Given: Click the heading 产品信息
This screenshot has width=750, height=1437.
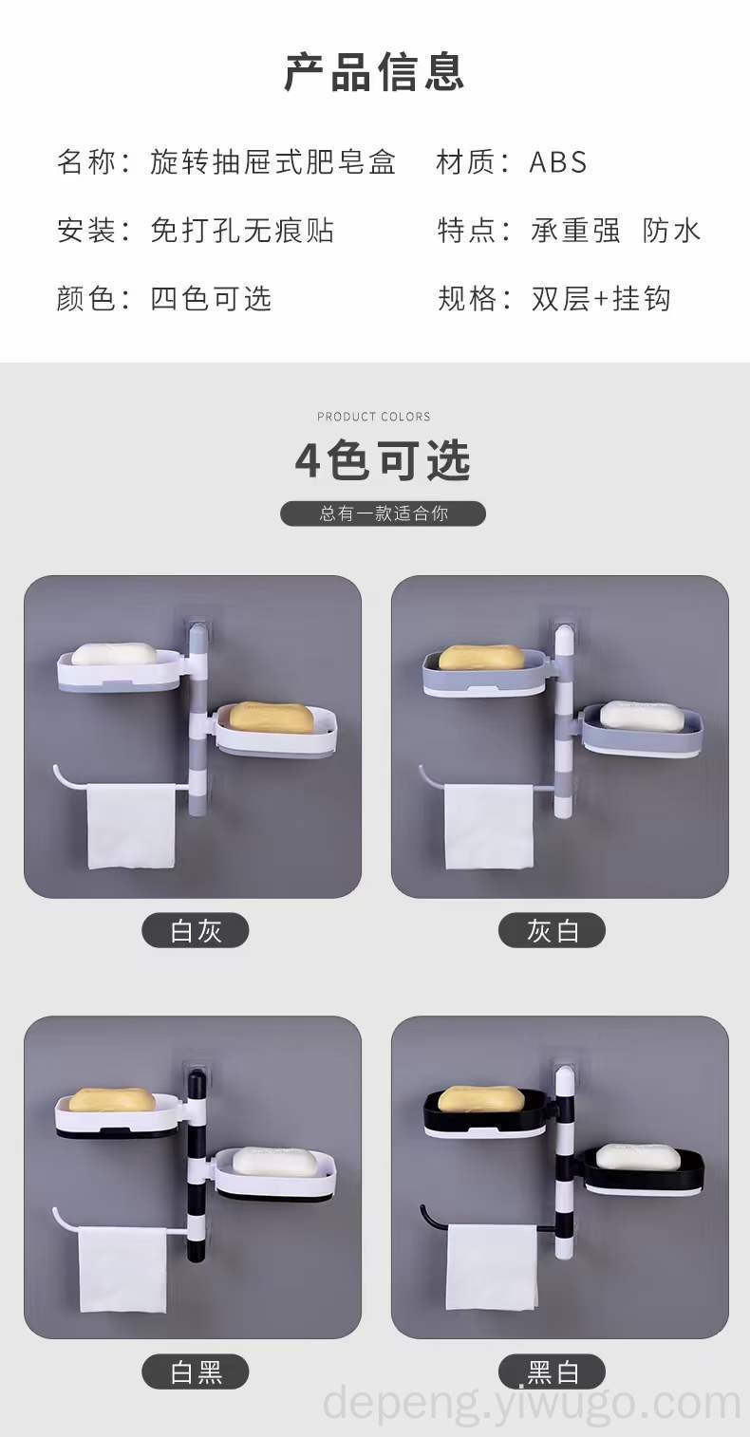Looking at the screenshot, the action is [374, 72].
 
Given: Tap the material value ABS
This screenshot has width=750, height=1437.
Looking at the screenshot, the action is [557, 161].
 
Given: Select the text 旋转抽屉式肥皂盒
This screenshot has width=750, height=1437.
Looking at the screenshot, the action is [273, 161].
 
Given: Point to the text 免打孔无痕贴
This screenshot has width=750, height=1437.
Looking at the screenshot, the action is [242, 231].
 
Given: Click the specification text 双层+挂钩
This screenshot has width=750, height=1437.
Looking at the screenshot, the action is [601, 298].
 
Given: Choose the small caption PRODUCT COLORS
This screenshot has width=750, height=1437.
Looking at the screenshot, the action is [373, 417].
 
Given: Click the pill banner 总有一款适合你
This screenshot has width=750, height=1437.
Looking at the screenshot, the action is [383, 513].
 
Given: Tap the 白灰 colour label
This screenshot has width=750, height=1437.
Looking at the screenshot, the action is [195, 930].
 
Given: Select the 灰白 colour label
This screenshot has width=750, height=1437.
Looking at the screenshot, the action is [552, 930].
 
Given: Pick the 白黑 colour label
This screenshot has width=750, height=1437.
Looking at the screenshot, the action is [195, 1372].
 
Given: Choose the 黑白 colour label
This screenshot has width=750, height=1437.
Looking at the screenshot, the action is [552, 1372].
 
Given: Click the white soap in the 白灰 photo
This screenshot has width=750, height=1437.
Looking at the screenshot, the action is [114, 653].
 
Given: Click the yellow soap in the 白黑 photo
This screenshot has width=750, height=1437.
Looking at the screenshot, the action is [112, 1099].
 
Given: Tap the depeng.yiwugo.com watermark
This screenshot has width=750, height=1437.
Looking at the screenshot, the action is [532, 1402].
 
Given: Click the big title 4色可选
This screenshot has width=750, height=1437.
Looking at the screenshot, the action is [383, 460].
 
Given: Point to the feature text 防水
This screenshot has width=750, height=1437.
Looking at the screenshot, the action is [672, 231].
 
